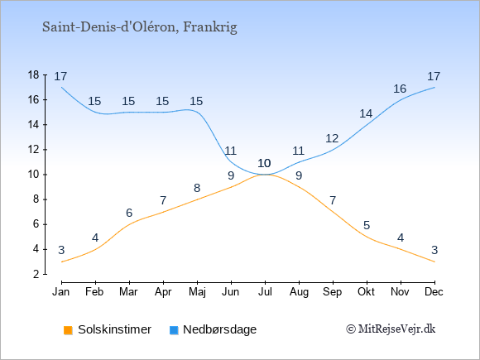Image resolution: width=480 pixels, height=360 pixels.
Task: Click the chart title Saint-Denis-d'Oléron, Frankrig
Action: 140,27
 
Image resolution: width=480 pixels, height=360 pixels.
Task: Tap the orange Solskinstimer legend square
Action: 68,330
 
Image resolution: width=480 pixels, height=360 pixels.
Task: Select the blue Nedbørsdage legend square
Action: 174,330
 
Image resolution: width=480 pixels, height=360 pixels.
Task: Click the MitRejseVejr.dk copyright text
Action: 391,329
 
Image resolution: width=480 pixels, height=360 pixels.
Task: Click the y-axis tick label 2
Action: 36,274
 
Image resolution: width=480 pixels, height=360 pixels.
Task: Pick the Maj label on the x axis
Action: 197,292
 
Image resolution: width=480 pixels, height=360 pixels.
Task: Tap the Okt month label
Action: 366,292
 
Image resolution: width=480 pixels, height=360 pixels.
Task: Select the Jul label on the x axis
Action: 265,292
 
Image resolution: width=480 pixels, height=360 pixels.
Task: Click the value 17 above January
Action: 60,76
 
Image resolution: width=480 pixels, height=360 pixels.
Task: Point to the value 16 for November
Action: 400,89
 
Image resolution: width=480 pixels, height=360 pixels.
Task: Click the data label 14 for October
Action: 366,114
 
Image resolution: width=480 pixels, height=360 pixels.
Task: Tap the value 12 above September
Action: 332,139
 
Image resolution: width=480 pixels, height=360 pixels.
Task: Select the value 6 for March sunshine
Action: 129,213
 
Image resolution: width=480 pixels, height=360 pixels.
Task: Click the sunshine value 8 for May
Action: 197,188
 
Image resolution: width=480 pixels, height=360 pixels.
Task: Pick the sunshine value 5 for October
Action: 367,226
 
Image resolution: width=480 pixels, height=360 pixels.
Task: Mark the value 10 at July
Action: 264,163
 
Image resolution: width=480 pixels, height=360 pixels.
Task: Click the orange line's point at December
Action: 434,262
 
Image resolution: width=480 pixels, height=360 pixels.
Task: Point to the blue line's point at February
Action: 95,112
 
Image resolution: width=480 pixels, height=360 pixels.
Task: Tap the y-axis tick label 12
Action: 33,150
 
